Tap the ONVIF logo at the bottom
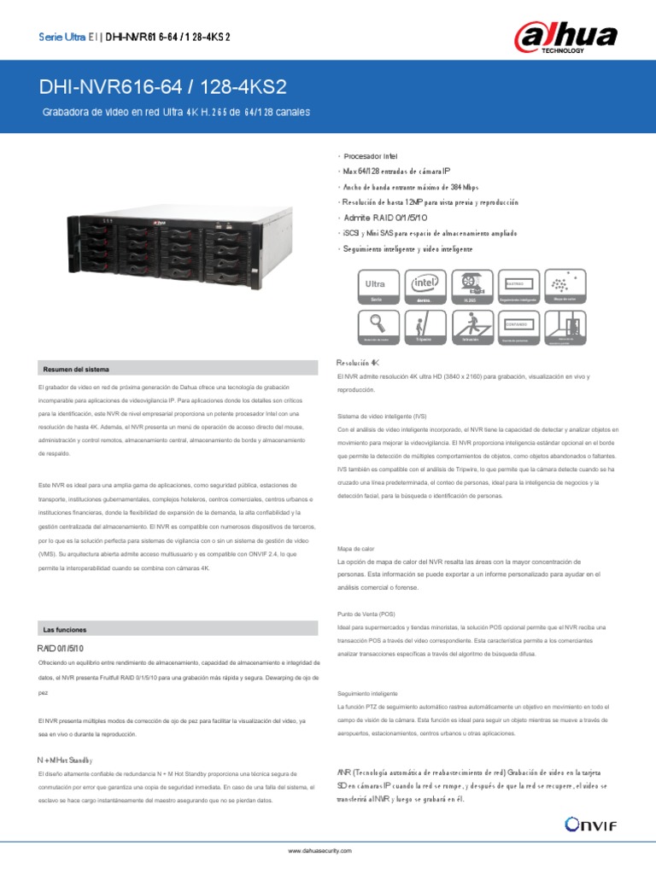(590, 823)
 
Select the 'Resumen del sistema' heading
(77, 369)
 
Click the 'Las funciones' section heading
(65, 630)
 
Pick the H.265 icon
(470, 285)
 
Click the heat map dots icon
(563, 285)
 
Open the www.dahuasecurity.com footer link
(319, 851)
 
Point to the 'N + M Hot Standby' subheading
(65, 759)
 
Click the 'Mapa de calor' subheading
(357, 550)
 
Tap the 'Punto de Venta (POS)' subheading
(367, 614)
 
